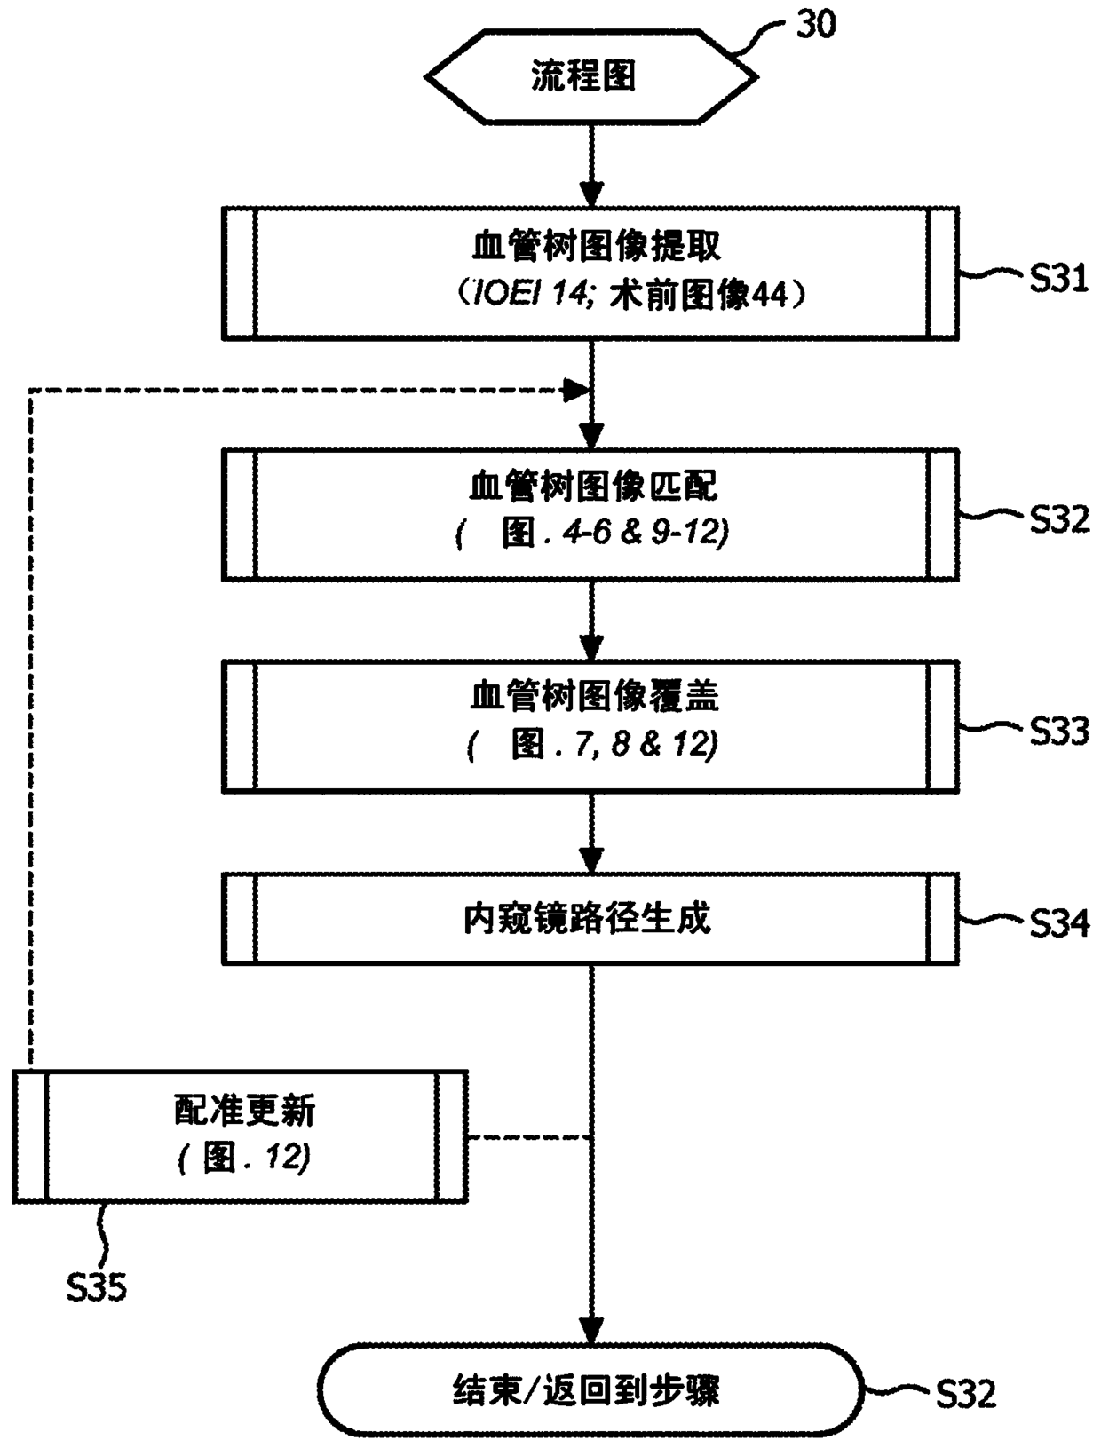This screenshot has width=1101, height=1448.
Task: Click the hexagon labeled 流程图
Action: point(590,76)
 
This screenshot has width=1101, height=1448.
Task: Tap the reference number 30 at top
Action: point(814,25)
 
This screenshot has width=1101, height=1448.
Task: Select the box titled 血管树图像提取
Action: point(590,273)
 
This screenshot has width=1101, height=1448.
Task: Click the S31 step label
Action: point(1058,280)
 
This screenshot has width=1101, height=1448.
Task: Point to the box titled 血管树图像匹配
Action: point(590,515)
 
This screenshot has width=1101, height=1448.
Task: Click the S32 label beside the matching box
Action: point(1058,519)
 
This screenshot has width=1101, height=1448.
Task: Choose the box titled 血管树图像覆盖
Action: point(590,725)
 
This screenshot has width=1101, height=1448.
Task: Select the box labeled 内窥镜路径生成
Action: point(590,919)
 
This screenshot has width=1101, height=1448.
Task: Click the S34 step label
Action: point(1058,924)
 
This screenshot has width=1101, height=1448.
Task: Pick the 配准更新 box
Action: point(240,1136)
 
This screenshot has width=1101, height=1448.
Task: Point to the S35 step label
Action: point(96,1286)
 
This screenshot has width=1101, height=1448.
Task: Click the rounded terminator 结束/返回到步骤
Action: point(590,1389)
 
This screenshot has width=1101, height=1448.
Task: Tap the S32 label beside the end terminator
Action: point(965,1394)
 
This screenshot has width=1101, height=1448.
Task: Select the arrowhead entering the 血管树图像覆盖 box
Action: point(591,646)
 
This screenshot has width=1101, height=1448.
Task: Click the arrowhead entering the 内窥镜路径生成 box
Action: point(591,859)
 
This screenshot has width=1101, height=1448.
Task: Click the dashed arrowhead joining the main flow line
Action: point(578,389)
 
